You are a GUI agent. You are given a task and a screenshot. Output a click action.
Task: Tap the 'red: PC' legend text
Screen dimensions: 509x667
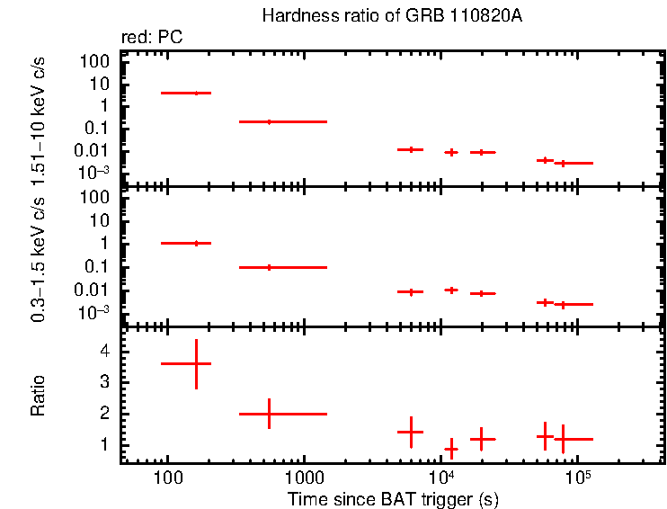[159, 38]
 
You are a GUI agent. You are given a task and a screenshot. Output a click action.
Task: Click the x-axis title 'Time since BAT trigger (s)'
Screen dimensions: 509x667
[394, 498]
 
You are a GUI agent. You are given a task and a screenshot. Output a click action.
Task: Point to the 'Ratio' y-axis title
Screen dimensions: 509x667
[38, 397]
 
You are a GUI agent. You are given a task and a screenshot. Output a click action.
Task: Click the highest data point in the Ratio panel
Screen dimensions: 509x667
[196, 363]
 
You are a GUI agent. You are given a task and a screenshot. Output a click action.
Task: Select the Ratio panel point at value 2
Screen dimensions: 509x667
[269, 414]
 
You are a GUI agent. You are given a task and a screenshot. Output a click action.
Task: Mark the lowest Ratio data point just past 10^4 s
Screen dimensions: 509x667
[451, 448]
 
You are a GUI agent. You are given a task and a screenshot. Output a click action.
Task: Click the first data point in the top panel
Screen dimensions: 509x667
[196, 93]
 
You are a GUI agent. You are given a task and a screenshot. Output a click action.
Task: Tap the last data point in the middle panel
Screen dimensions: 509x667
[563, 304]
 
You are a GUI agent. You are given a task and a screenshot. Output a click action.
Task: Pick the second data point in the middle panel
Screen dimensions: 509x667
[269, 267]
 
